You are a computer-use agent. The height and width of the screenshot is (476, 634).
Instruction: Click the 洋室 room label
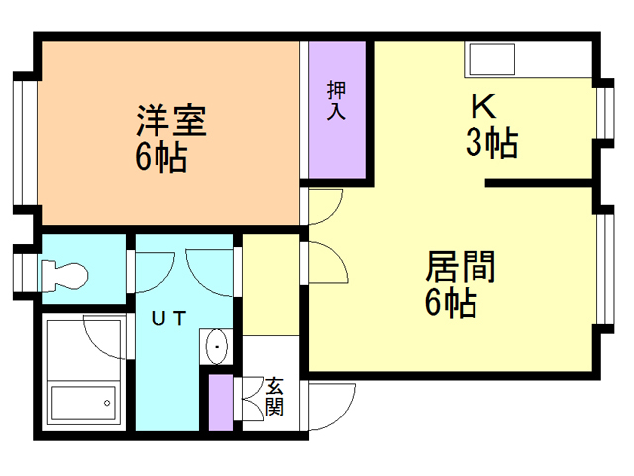click(x=171, y=123)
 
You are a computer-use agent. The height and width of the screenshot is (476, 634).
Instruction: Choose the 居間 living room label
click(x=460, y=268)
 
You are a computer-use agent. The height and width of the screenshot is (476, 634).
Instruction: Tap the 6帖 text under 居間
click(x=451, y=303)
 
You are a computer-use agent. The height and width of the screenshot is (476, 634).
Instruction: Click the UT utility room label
click(x=169, y=318)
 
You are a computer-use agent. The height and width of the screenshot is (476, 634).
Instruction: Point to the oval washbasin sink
click(x=216, y=347)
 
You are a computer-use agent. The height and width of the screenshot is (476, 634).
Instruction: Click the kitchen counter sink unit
click(x=530, y=61)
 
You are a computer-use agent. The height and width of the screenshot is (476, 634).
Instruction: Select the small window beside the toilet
click(x=22, y=270)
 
